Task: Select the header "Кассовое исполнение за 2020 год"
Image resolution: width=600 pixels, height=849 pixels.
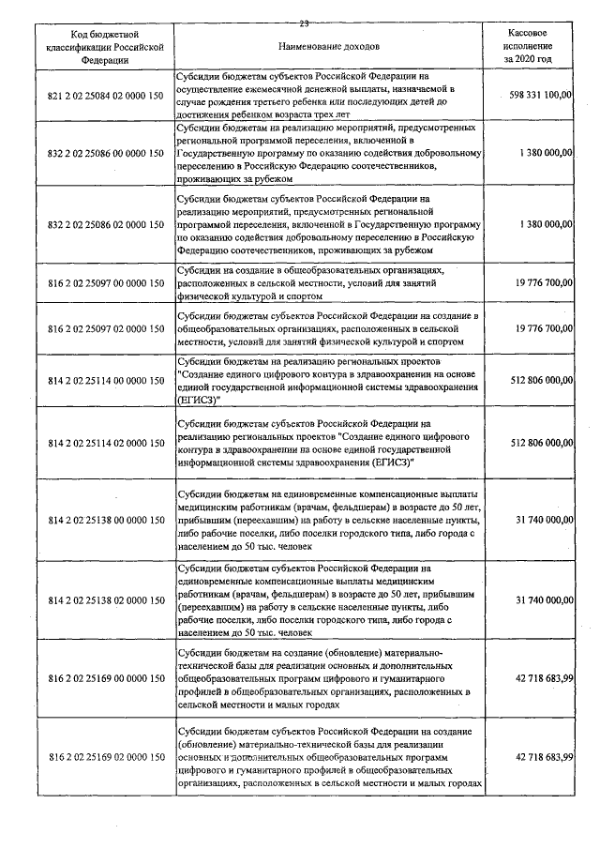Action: [x=526, y=45]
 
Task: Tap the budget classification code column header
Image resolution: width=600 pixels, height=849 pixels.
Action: [x=103, y=45]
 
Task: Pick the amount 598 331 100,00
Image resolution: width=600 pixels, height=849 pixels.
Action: [x=541, y=96]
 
